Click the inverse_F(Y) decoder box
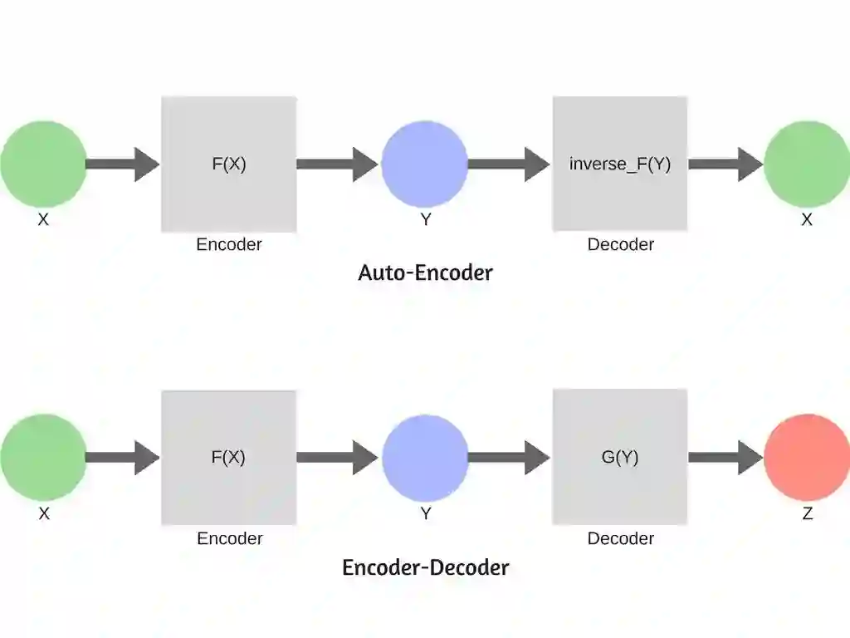point(620,164)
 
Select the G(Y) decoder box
point(620,457)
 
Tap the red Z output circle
point(806,457)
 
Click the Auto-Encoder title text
point(425,272)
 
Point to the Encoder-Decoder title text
point(425,567)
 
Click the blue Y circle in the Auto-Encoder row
point(425,164)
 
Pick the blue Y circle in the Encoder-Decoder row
point(425,457)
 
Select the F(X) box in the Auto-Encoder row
point(229,164)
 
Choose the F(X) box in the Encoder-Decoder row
point(229,457)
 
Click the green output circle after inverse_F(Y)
point(806,164)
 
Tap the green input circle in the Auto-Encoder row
point(43,164)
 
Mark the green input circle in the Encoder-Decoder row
point(43,457)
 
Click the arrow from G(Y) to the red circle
point(725,457)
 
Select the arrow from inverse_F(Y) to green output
point(725,164)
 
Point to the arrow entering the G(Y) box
point(508,457)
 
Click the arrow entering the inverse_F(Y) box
point(508,164)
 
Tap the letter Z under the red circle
point(807,513)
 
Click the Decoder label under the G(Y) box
point(621,538)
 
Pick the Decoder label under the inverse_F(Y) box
point(621,244)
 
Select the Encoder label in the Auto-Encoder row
point(229,244)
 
